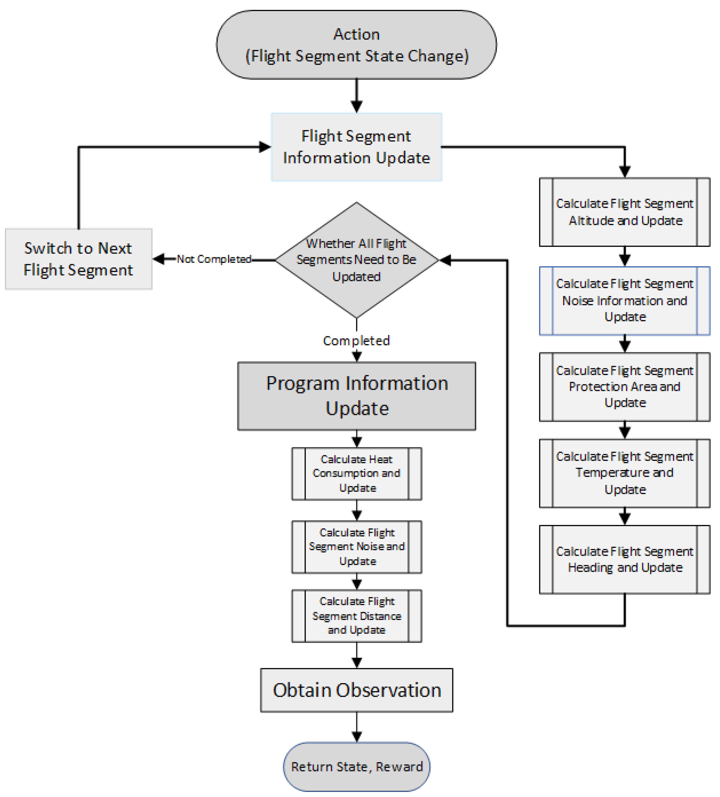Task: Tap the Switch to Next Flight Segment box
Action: (x=78, y=259)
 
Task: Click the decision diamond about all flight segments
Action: (x=356, y=260)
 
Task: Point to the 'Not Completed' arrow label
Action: (x=214, y=259)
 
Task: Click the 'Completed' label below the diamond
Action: (x=356, y=340)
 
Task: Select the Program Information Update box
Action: (x=356, y=396)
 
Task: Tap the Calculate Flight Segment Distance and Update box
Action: (x=356, y=616)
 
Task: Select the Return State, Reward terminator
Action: (x=356, y=766)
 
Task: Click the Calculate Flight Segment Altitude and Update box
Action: (x=624, y=212)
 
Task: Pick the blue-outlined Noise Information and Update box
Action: (x=624, y=300)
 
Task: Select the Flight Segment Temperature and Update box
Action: (x=624, y=473)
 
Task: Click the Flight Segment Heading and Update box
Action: (x=624, y=559)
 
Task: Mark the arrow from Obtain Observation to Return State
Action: (x=356, y=727)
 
